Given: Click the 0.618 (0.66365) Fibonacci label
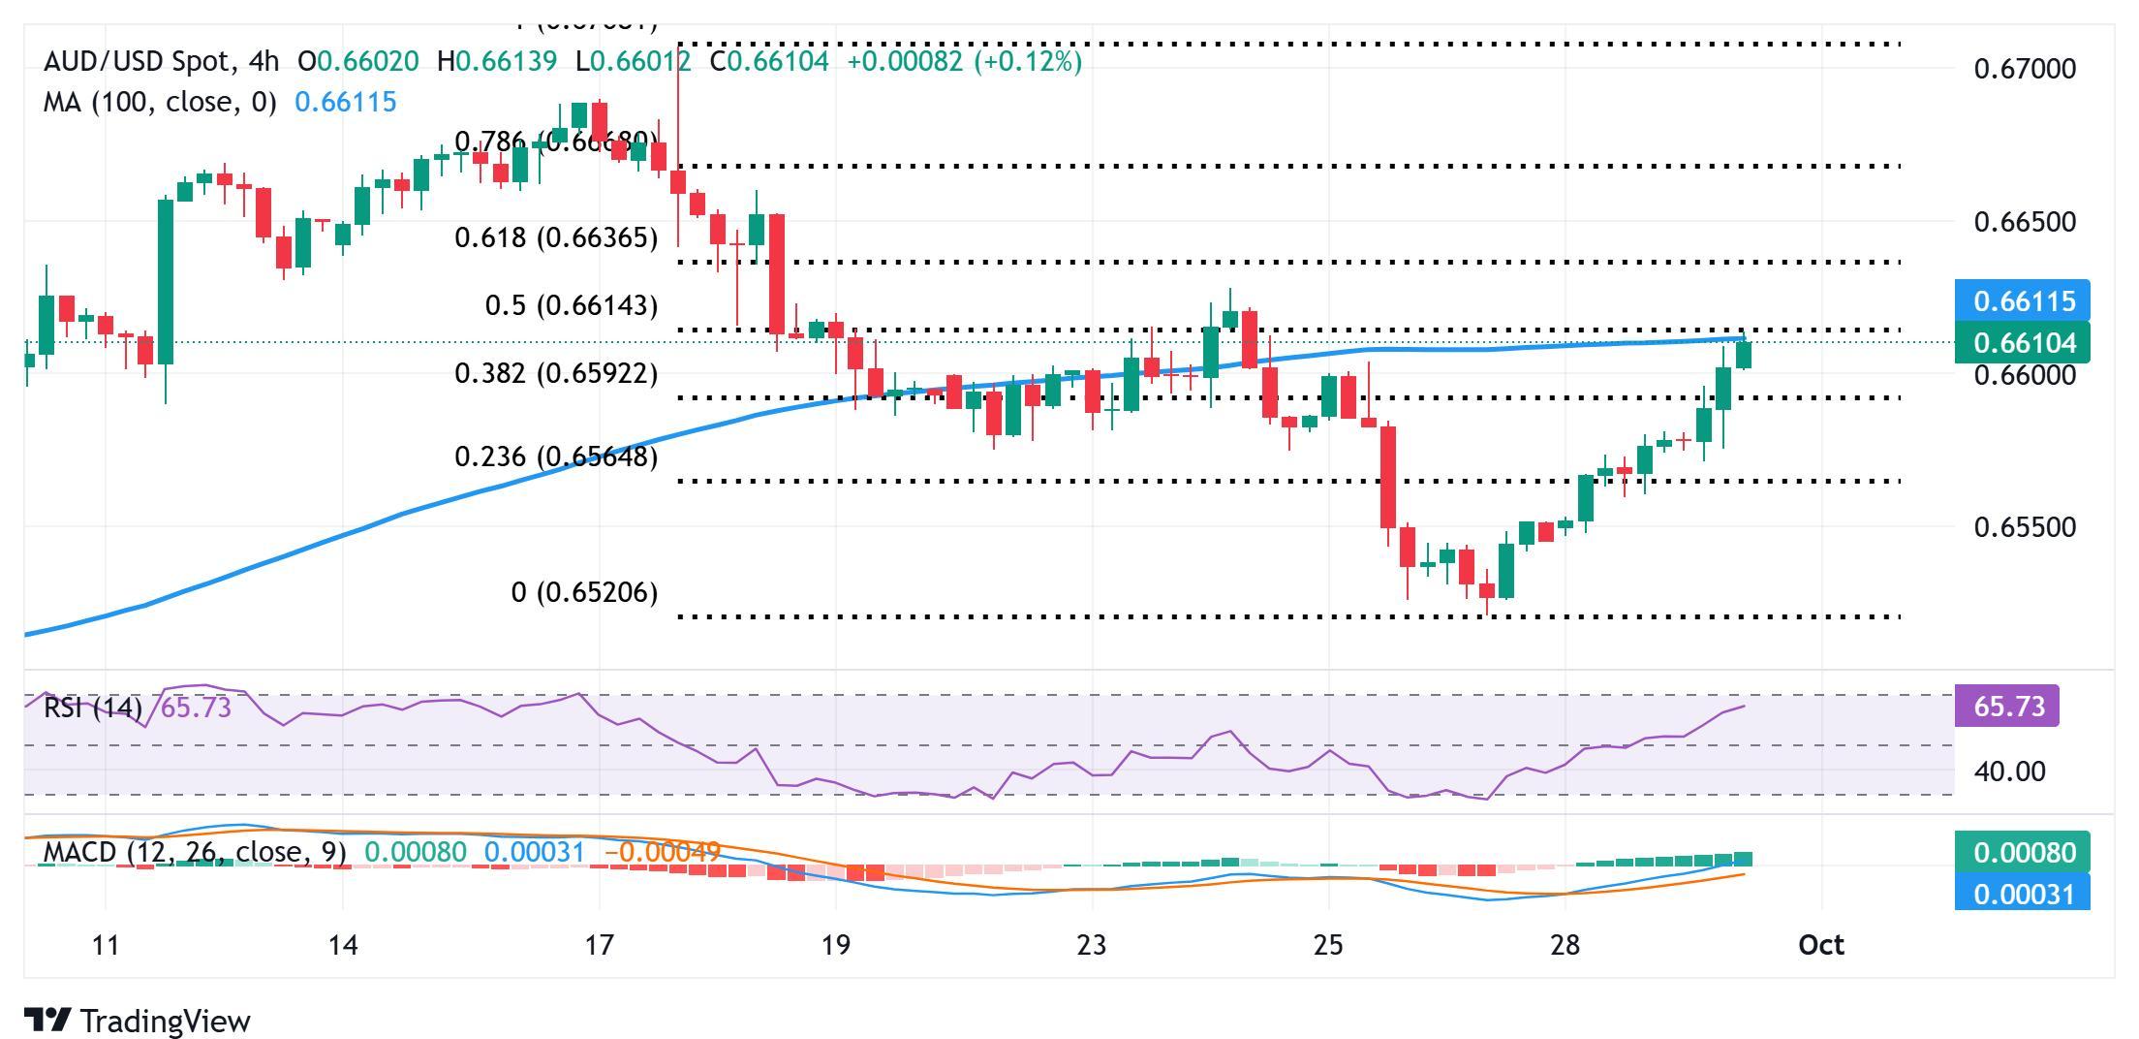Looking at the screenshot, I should click(556, 237).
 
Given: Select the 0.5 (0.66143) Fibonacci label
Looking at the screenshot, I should click(571, 306).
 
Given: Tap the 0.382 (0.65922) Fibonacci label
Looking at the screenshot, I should click(556, 373).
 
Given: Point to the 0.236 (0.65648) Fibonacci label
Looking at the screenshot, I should click(556, 457).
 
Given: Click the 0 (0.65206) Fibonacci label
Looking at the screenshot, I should click(584, 592).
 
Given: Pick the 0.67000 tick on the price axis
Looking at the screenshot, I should click(2025, 69).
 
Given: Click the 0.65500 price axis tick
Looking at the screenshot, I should click(2025, 527).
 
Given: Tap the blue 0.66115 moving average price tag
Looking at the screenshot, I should click(2023, 301).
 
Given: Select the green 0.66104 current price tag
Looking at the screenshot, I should click(2023, 342).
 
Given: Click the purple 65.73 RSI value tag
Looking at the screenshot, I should click(2007, 707).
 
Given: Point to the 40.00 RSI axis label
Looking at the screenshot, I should click(2009, 772).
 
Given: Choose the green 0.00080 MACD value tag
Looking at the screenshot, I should click(2023, 853).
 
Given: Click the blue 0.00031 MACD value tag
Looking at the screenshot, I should click(2023, 893).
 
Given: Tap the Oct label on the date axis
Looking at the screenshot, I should click(1820, 945).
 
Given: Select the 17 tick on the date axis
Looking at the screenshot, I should click(600, 945).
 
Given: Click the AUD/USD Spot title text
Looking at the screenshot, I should click(138, 62).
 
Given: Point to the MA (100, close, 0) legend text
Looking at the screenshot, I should click(160, 102).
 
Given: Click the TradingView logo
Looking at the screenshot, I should click(138, 1021).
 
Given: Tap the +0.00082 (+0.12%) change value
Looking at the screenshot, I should click(964, 62).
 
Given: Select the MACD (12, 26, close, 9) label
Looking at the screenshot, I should click(195, 853).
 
